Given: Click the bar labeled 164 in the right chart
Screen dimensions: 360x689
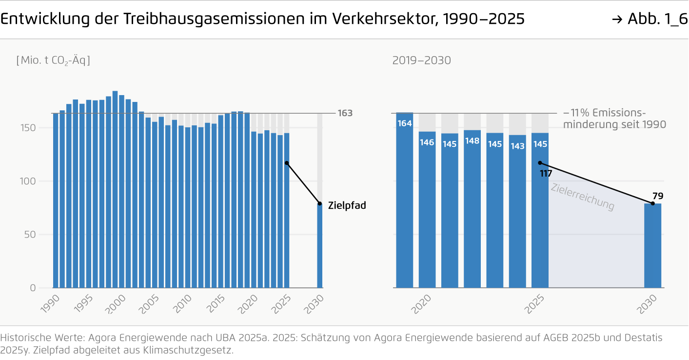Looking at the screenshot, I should click(404, 200).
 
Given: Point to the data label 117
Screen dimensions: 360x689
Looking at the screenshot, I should click(546, 173).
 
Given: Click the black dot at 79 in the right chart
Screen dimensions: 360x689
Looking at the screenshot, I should click(652, 203).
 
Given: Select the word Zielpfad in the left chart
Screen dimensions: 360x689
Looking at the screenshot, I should click(347, 206).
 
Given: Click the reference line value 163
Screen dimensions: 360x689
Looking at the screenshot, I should click(345, 113).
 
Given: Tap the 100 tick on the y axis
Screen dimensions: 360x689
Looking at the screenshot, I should click(29, 181).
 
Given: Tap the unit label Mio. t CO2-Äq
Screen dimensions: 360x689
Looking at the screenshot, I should click(53, 60).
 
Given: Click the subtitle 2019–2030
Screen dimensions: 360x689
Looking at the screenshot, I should click(421, 60).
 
